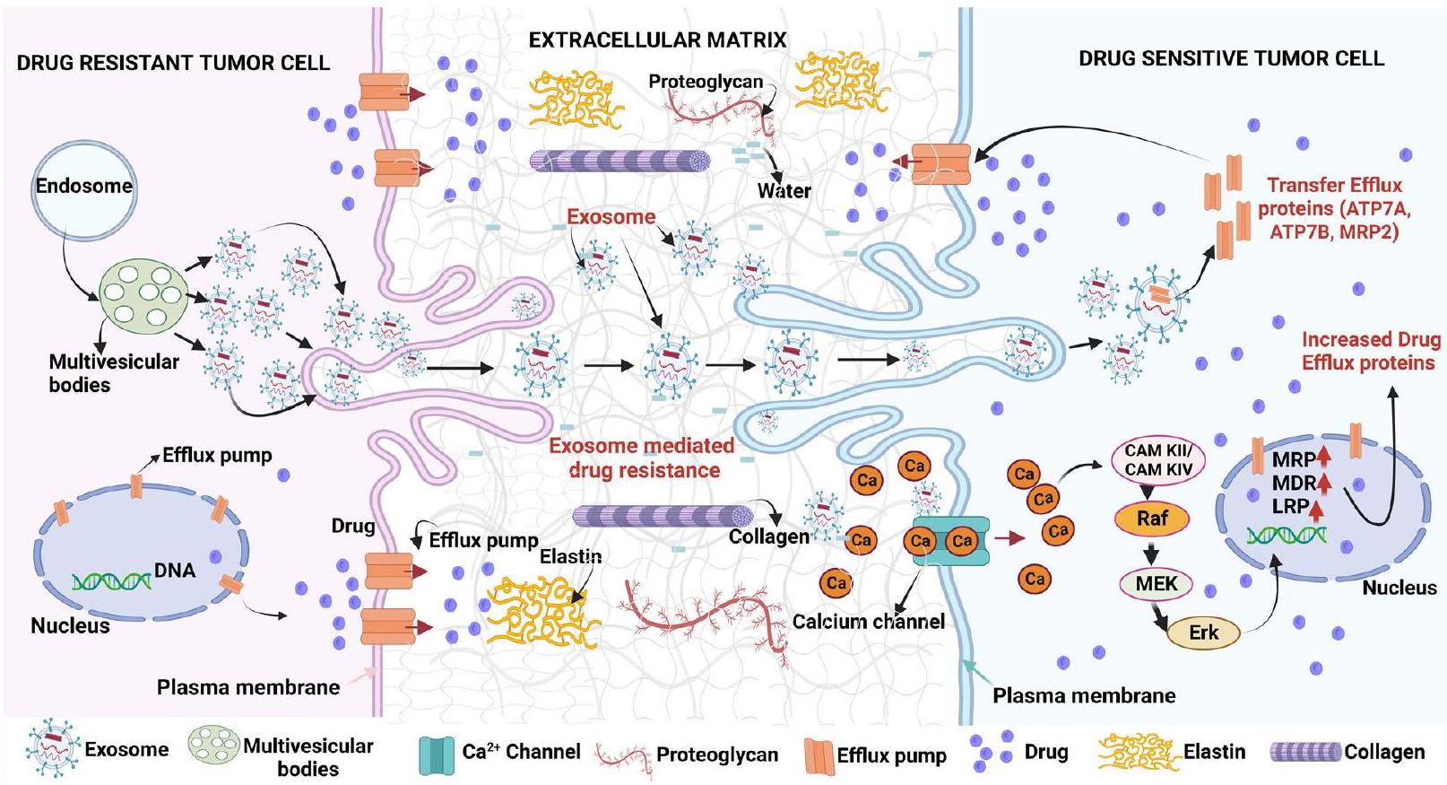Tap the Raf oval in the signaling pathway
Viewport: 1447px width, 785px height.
click(x=1151, y=518)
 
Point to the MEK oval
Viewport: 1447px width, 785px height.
click(x=1157, y=584)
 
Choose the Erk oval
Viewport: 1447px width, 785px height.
click(x=1203, y=632)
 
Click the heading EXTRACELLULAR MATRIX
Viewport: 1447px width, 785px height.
click(x=657, y=39)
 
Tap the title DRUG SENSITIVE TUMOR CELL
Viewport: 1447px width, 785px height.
click(x=1231, y=58)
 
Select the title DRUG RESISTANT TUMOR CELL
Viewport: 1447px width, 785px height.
click(x=173, y=62)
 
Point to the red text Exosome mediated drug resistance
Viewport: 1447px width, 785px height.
click(x=642, y=458)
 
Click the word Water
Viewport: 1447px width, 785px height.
click(x=784, y=190)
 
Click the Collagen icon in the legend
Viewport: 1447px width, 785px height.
click(x=1305, y=752)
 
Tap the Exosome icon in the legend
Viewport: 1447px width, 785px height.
click(x=54, y=748)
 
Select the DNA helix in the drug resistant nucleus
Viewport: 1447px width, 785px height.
click(x=112, y=581)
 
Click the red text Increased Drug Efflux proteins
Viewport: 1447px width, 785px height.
click(x=1370, y=351)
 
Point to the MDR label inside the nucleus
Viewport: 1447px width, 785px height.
click(x=1294, y=483)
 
